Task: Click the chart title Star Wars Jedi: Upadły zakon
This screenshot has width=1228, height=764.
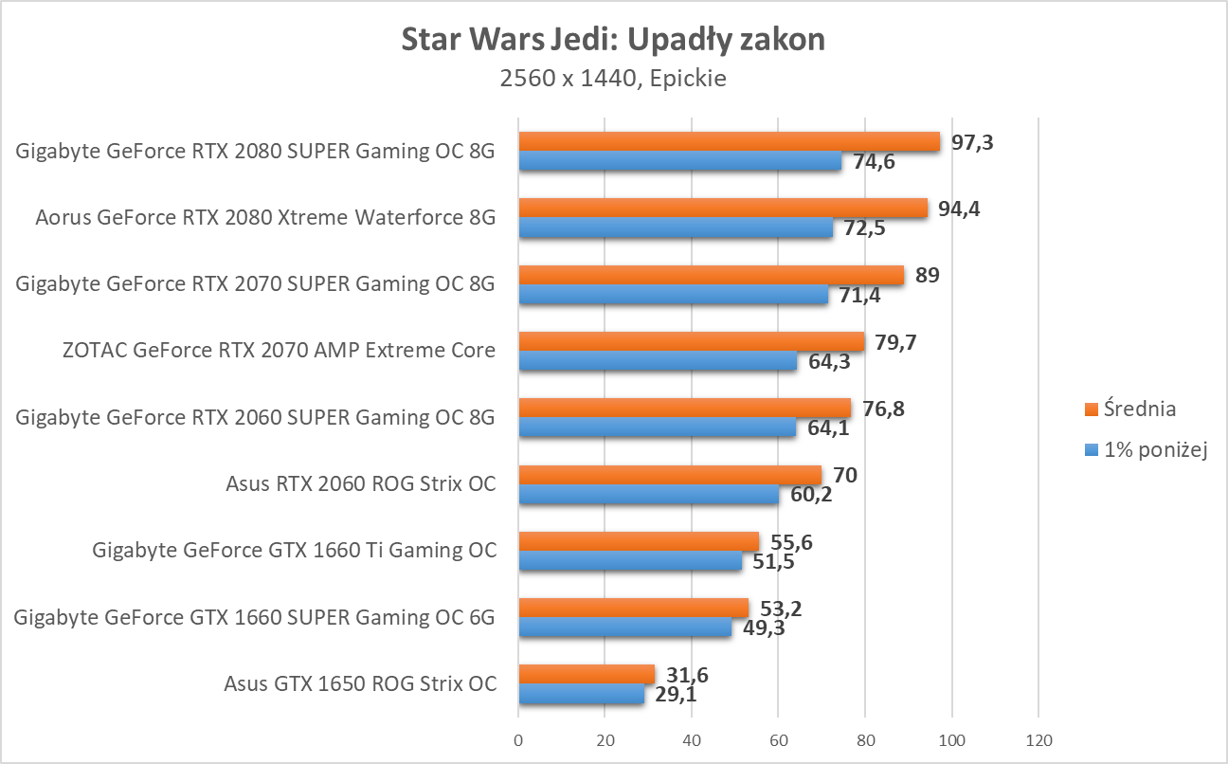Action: [613, 40]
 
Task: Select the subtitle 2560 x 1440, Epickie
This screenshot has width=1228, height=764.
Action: [613, 79]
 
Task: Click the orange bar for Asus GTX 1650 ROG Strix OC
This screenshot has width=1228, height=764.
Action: [587, 674]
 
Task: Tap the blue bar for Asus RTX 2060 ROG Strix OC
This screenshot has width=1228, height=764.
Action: [648, 494]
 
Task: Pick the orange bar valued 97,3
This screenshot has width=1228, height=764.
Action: [729, 142]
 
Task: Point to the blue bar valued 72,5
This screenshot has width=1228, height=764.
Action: [676, 227]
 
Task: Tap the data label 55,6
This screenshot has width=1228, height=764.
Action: [791, 542]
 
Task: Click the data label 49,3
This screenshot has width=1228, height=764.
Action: [764, 628]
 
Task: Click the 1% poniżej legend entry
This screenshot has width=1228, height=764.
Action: [1146, 451]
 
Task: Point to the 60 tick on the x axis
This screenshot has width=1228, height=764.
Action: [778, 740]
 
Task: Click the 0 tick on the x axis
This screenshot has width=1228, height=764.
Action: [518, 740]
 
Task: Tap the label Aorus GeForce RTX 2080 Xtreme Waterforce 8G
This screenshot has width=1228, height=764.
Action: [265, 218]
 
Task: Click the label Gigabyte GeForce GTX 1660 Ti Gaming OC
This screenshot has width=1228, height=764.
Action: [295, 550]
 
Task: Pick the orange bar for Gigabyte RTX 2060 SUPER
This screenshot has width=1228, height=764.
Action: [684, 408]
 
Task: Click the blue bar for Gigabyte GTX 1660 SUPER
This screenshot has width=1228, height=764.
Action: [625, 627]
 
